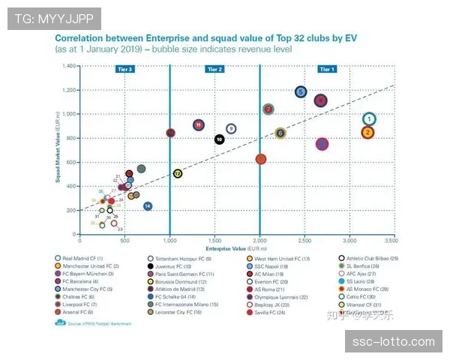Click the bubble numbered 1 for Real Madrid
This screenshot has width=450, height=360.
coord(369,118)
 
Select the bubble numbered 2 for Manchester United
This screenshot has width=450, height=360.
coord(367,133)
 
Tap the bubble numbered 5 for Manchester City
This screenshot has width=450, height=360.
coord(301,92)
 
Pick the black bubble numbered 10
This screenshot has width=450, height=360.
coord(219,139)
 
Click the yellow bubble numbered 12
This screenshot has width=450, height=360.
coord(177,173)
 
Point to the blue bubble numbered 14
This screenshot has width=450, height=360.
coord(148,205)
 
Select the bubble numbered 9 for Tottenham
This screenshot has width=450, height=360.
coord(231,129)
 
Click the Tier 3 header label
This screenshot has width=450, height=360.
coord(125,69)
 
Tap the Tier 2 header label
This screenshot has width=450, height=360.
coord(214,69)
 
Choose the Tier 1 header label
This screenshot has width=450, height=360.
coord(327,69)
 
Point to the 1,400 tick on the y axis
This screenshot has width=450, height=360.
coord(70,66)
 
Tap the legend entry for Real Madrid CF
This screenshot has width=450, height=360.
coord(82,258)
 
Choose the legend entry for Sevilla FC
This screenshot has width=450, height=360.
coord(273,313)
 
